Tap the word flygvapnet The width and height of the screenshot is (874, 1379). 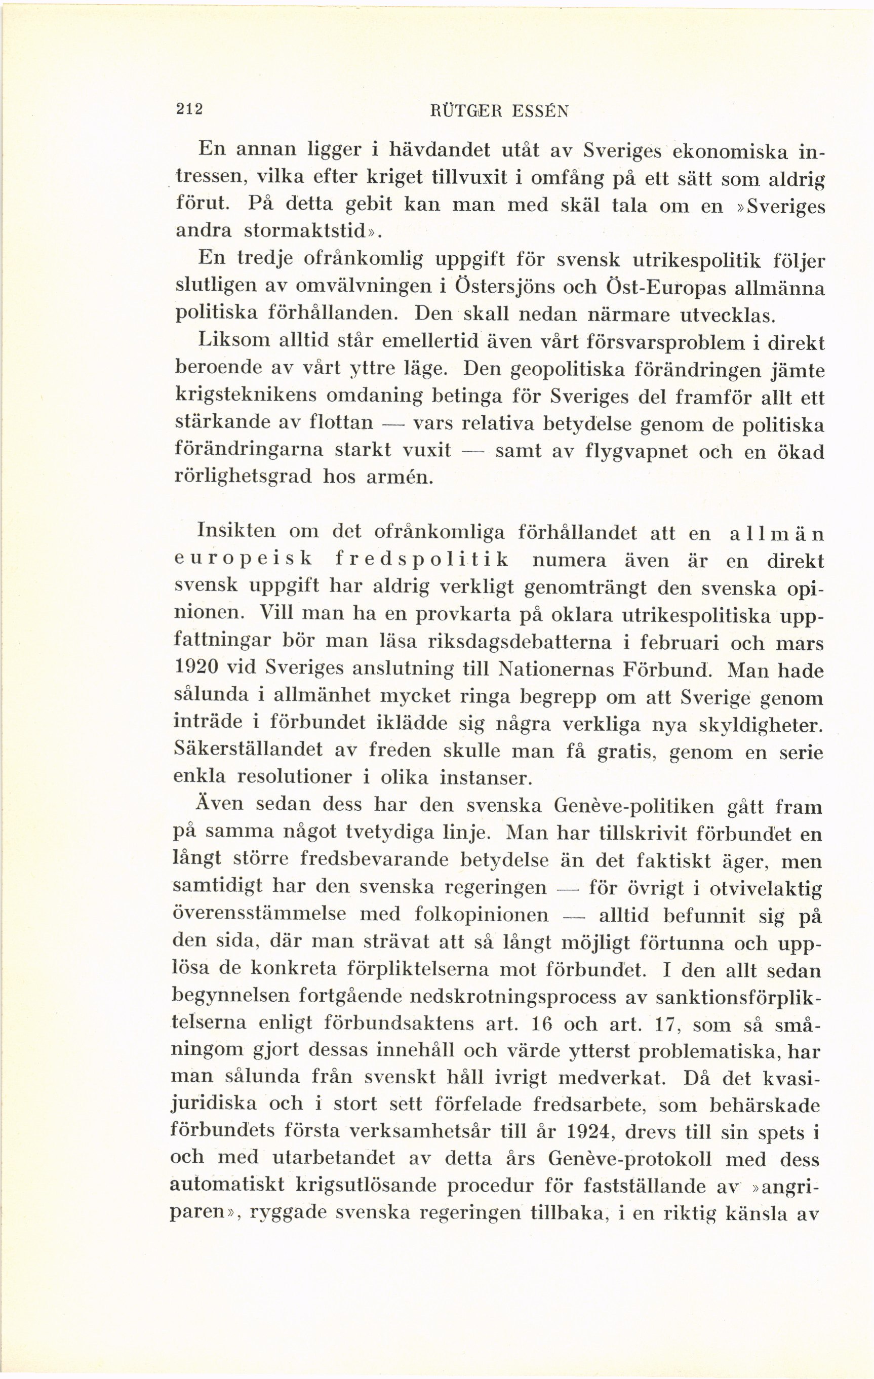coord(647,452)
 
